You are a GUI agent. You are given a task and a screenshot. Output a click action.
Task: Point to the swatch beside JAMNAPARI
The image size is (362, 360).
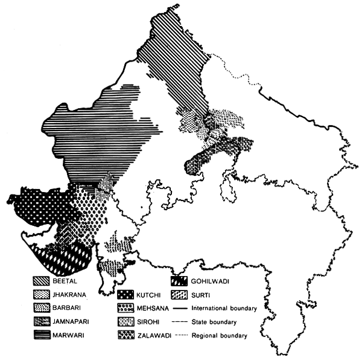42,322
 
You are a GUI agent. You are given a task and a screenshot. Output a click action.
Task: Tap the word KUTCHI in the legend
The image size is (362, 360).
145,294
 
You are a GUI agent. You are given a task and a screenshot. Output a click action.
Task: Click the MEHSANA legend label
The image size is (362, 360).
148,307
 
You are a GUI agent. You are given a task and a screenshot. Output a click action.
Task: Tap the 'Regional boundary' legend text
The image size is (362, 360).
220,333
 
